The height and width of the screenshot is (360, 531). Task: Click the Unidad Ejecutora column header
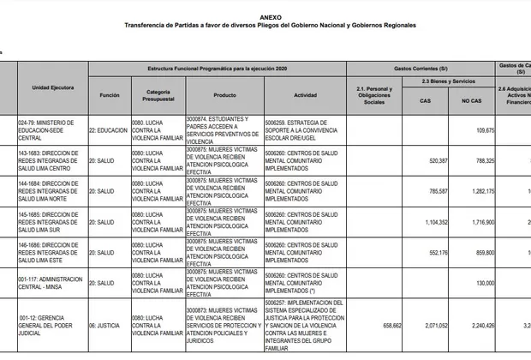(x=53, y=87)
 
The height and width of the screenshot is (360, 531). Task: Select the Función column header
(x=109, y=95)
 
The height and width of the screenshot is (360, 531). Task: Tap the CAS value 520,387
(x=436, y=159)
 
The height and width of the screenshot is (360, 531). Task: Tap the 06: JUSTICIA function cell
(x=109, y=327)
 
